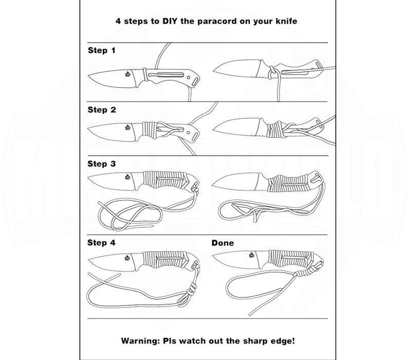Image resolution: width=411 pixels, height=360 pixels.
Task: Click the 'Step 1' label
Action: click(101, 50)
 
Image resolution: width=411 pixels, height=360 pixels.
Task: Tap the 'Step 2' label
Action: click(102, 110)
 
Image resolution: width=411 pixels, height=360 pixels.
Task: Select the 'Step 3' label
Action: click(101, 164)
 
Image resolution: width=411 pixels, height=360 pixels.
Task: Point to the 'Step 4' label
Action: click(101, 242)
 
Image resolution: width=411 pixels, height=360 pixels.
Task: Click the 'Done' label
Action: click(222, 243)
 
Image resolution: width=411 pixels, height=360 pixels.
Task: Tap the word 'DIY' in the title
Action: click(170, 21)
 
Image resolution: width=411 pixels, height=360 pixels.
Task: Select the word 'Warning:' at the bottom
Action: click(140, 341)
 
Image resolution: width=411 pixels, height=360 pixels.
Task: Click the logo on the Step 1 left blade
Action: click(127, 74)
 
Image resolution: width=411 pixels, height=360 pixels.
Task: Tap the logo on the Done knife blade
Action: click(252, 255)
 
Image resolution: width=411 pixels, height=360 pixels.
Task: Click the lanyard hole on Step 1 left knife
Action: click(195, 81)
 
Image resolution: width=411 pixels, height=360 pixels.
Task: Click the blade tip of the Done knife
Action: click(213, 255)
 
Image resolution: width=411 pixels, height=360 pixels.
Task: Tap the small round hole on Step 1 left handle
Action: click(188, 78)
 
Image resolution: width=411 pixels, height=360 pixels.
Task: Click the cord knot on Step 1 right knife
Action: click(272, 73)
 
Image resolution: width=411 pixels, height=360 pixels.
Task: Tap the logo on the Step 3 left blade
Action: click(127, 177)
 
